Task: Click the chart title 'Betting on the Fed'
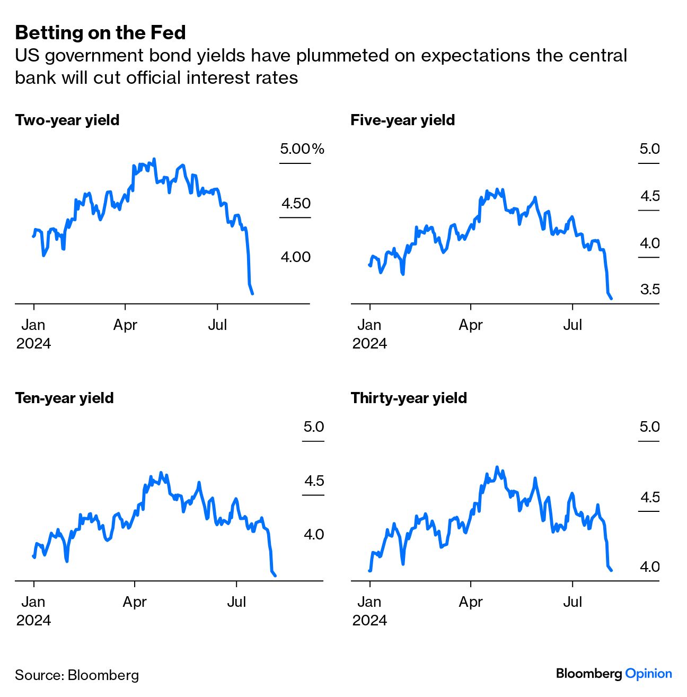point(100,33)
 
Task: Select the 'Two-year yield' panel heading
point(67,120)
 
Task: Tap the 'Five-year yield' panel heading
point(403,120)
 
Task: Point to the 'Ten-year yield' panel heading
point(64,398)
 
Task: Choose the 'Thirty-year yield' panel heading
point(409,398)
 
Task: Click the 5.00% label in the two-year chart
point(302,149)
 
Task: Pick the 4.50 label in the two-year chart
point(296,203)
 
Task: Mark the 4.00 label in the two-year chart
point(296,257)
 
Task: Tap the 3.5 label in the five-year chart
point(650,290)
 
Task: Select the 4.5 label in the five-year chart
point(650,196)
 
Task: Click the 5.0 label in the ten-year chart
point(314,426)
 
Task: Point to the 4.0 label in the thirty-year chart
point(650,567)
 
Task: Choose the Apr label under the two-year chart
point(125,325)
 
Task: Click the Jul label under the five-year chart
point(572,325)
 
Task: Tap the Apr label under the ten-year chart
point(135,602)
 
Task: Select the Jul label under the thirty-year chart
point(572,602)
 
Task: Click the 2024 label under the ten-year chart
point(33,620)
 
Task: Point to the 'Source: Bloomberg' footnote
point(77,675)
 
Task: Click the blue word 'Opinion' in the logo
point(648,674)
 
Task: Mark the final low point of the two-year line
point(252,293)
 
